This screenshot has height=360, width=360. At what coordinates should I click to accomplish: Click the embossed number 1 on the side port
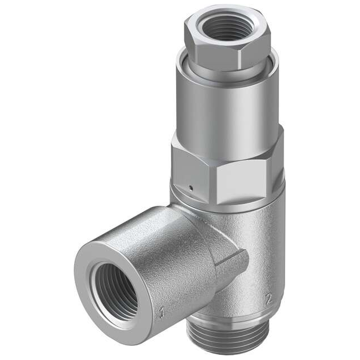(161, 312)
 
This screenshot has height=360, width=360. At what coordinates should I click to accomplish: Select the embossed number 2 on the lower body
(268, 299)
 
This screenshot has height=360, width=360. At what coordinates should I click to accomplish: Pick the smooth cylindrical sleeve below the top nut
(225, 107)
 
